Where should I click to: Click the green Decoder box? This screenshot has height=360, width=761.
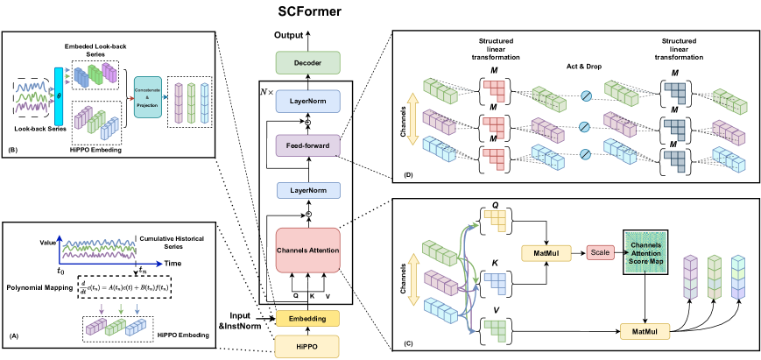[x=307, y=62]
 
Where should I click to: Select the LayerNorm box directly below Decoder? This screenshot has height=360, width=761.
[x=307, y=101]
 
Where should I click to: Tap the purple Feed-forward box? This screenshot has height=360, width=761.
[x=307, y=145]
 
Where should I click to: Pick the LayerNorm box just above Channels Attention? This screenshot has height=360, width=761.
[x=307, y=190]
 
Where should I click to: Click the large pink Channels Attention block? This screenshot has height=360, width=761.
[x=307, y=251]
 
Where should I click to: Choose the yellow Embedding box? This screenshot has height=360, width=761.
[x=307, y=318]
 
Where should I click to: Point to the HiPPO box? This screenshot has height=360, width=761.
[x=307, y=346]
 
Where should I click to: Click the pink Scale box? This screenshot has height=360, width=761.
[x=600, y=252]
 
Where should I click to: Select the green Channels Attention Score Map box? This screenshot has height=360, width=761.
[x=645, y=252]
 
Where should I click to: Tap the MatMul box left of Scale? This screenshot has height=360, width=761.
[x=546, y=253]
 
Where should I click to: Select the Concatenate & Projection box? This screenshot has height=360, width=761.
[x=147, y=96]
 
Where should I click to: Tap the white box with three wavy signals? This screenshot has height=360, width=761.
[x=33, y=97]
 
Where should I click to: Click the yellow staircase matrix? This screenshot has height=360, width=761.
[x=495, y=220]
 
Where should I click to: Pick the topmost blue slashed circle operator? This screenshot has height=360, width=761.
[x=585, y=96]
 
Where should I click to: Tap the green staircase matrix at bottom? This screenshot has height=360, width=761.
[x=495, y=328]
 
